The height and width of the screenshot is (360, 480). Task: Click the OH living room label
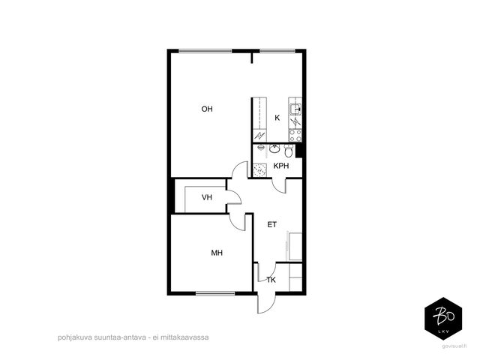point(207,109)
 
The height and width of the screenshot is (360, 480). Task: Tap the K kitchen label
point(277,118)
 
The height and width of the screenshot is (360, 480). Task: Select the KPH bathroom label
point(281,166)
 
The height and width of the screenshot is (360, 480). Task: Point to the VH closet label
point(207,197)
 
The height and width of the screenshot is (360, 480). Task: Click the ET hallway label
point(271,225)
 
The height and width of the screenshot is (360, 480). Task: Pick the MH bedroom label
point(217,253)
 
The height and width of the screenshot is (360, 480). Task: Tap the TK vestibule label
point(271,280)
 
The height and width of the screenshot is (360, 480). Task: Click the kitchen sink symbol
point(295,109)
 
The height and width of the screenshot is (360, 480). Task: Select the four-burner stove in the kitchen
point(295,136)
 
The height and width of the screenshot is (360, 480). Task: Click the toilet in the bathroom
point(289,151)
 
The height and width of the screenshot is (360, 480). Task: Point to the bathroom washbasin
point(274,148)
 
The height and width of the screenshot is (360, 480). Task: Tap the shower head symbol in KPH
point(261,148)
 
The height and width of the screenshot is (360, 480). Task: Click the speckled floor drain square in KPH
point(260,170)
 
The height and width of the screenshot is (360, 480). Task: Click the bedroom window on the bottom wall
point(215,293)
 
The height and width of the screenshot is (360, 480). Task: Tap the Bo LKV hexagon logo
point(443,319)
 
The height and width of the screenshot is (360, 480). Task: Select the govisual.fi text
point(454,346)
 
